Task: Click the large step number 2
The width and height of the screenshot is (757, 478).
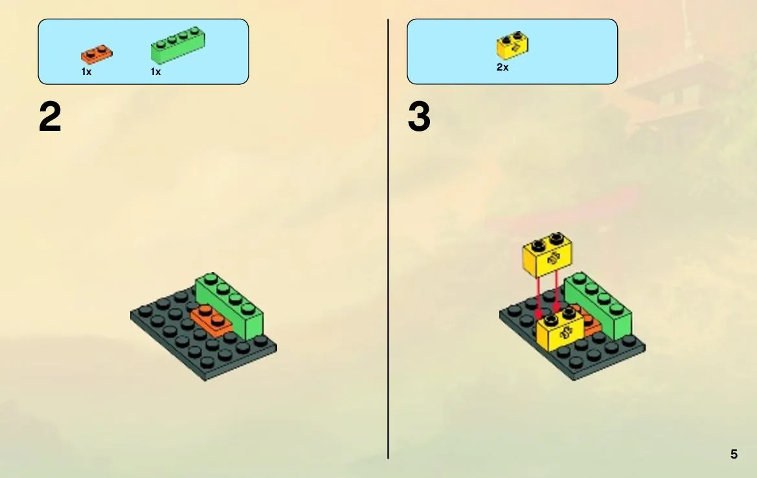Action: click(x=50, y=117)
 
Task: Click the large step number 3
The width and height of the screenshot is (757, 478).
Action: click(x=419, y=117)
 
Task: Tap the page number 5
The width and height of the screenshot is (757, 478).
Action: click(x=734, y=454)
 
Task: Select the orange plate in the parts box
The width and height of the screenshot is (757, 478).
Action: click(x=96, y=54)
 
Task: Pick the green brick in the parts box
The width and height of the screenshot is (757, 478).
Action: click(x=177, y=45)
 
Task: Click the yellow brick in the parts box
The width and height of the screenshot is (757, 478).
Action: click(x=512, y=45)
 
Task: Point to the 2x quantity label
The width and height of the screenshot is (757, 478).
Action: click(x=502, y=67)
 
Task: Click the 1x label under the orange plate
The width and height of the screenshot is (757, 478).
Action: click(x=86, y=72)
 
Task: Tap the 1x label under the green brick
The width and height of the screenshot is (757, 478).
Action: click(x=155, y=72)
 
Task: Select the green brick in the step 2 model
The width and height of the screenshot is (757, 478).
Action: click(x=230, y=305)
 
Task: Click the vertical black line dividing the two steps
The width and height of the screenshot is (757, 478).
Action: click(x=388, y=239)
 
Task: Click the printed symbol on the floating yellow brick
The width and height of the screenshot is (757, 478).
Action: click(x=553, y=258)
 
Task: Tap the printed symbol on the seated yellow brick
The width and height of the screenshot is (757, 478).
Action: click(x=567, y=333)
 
